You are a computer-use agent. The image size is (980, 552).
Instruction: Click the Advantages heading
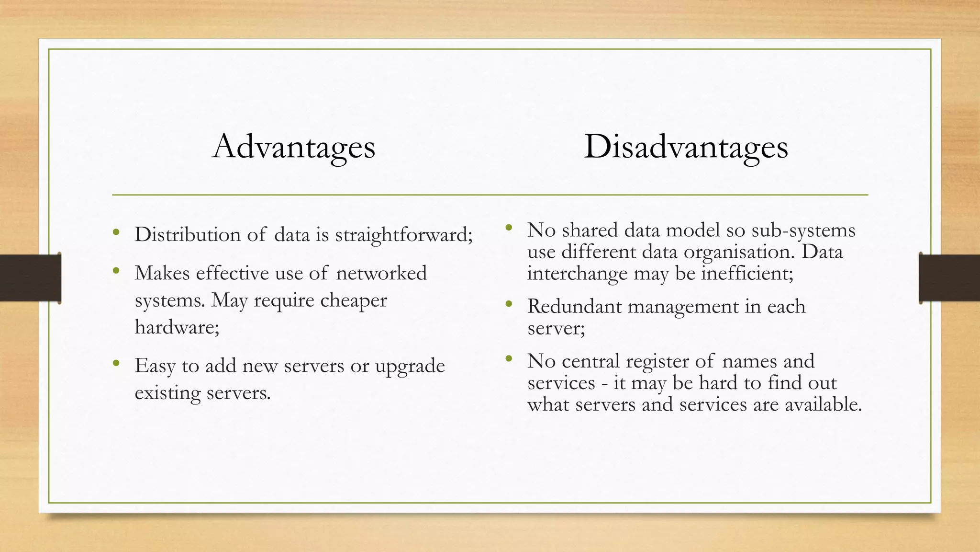[x=294, y=147]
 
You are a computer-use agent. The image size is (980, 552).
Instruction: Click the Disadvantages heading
[x=686, y=147]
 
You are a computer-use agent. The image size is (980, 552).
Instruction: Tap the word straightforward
[x=403, y=235]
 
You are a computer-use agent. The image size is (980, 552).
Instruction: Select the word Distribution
[x=188, y=235]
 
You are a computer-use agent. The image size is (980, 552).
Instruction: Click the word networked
[x=381, y=273]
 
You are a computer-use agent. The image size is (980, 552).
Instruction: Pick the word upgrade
[x=410, y=366]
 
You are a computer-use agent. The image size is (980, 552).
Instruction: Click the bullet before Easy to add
[x=116, y=364]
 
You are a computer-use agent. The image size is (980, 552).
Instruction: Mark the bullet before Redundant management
[x=509, y=304]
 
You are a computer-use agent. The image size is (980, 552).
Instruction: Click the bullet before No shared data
[x=509, y=228]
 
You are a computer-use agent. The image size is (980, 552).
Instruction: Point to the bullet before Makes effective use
[x=116, y=271]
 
